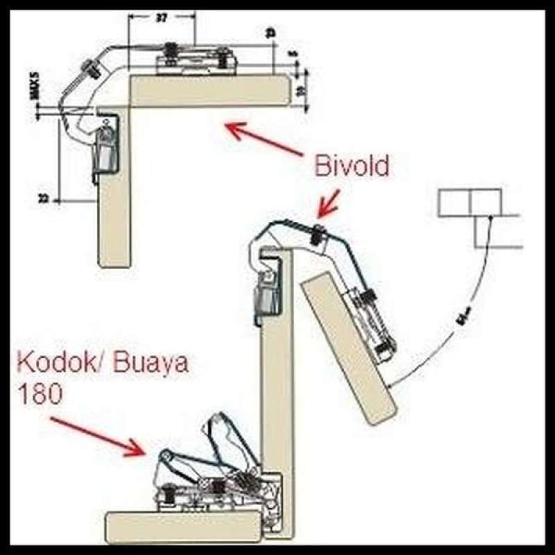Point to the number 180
pos(40,394)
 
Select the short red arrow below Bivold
pos(327,203)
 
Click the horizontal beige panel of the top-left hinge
pos(208,91)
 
